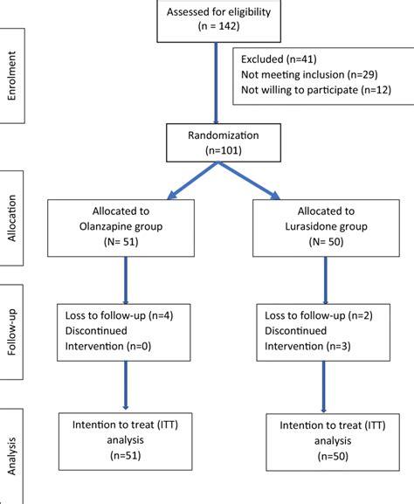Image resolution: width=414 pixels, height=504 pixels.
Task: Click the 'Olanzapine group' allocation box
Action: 128,228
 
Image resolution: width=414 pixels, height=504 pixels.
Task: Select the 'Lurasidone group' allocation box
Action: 325,228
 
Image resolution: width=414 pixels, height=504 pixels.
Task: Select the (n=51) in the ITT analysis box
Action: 128,455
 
